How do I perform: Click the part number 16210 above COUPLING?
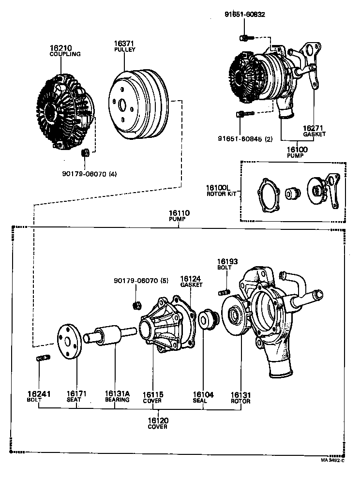point(60,48)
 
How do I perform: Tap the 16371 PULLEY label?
point(124,46)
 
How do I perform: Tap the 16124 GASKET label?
point(191,282)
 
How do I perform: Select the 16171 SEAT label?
point(77,397)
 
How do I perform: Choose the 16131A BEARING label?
point(117,397)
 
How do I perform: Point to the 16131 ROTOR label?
point(240,397)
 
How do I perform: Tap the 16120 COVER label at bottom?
point(158,423)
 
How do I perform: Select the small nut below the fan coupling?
point(84,153)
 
